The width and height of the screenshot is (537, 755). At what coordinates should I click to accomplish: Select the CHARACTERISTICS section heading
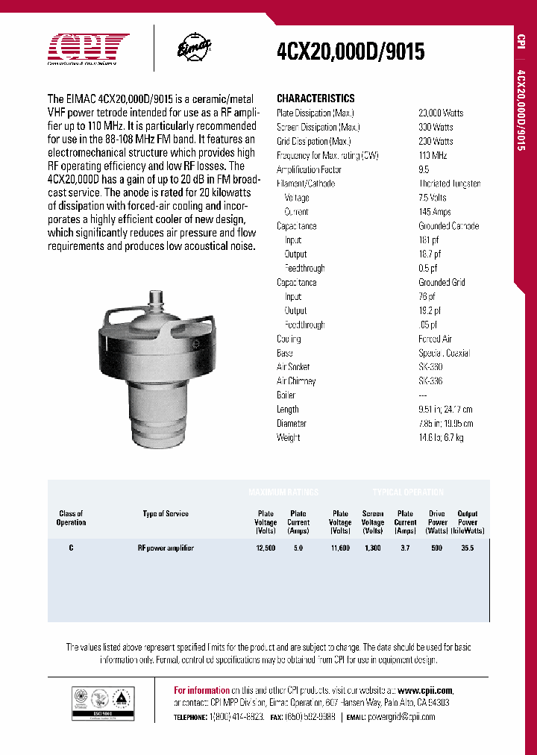click(315, 98)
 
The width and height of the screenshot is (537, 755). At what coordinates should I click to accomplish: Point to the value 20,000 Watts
click(441, 113)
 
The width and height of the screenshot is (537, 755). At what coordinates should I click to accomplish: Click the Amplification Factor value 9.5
click(424, 169)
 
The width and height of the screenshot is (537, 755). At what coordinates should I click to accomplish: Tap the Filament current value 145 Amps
click(435, 212)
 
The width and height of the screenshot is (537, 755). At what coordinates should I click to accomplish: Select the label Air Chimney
click(296, 381)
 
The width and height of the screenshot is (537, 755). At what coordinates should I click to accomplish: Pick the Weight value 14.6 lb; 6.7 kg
click(441, 438)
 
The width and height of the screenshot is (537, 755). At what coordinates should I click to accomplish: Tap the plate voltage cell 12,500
click(266, 548)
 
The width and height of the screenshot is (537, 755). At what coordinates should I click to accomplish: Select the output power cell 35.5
click(468, 548)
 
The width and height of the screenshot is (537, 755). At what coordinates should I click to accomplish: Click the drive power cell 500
click(437, 548)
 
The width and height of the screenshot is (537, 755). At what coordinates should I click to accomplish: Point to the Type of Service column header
click(166, 514)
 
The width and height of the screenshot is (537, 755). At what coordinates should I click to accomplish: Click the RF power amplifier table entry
click(166, 548)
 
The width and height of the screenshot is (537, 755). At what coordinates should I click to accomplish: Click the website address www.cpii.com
click(424, 690)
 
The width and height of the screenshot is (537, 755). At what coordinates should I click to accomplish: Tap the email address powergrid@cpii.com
click(401, 717)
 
